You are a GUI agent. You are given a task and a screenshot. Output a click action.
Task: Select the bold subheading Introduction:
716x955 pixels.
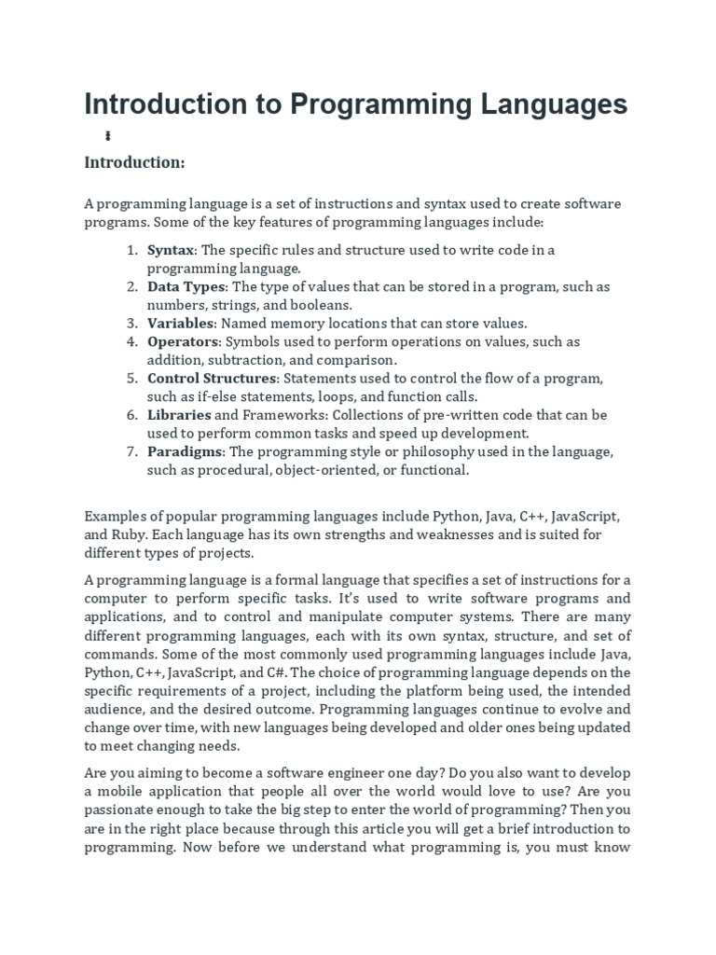click(134, 163)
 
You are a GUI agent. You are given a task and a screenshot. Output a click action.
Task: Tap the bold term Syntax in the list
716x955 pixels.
click(172, 250)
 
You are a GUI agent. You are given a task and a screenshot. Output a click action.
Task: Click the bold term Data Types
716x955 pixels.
click(186, 286)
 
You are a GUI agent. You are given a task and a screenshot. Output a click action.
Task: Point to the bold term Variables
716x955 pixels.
click(181, 323)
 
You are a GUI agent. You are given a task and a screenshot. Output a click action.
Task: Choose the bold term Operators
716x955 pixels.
click(183, 341)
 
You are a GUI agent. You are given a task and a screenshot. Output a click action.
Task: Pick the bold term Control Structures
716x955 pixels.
click(213, 378)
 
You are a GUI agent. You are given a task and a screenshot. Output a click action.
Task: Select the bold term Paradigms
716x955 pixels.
click(186, 451)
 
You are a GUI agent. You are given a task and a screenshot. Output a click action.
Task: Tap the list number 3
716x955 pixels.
click(131, 323)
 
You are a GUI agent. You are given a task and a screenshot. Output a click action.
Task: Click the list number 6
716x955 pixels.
click(131, 414)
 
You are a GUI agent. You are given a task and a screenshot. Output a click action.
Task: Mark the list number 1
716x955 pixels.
click(131, 250)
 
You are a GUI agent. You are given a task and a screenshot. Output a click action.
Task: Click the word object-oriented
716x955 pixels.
click(332, 470)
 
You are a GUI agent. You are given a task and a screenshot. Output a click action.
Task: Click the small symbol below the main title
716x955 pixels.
click(108, 136)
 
